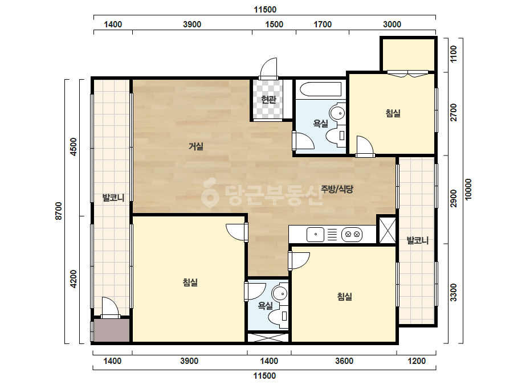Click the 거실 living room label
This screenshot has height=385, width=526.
(x=196, y=146)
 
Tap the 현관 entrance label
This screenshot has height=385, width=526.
(x=269, y=99)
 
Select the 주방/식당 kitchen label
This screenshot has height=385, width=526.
(x=337, y=189)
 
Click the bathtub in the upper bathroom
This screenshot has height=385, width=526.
(x=321, y=89)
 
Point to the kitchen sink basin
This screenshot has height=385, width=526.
(x=315, y=235)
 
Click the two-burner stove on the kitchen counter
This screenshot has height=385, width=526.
(x=352, y=235)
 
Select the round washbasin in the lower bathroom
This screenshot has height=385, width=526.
(x=280, y=293)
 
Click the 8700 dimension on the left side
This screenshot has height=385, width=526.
(x=59, y=211)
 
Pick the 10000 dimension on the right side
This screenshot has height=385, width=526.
(x=468, y=190)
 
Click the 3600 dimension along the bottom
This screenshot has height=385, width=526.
(x=344, y=361)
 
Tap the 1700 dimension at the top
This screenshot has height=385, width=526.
(x=323, y=24)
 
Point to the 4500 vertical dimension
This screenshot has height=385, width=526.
(x=74, y=147)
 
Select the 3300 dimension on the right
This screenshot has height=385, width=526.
(x=454, y=292)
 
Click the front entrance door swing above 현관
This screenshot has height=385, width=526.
(x=269, y=69)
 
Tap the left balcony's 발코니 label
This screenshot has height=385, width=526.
(x=113, y=198)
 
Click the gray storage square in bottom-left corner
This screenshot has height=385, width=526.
(x=112, y=330)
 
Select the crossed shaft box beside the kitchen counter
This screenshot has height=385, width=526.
(x=387, y=230)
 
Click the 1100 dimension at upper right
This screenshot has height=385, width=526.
(x=454, y=54)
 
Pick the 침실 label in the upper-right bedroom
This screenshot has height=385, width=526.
(x=393, y=113)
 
